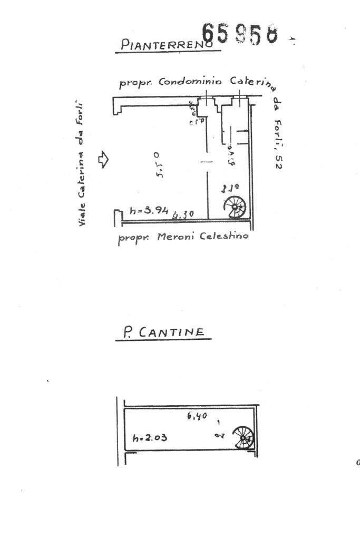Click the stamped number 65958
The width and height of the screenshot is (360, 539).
(x=240, y=34)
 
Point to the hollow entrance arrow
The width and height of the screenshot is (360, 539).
(x=103, y=159)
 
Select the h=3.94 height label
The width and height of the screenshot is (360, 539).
(x=149, y=211)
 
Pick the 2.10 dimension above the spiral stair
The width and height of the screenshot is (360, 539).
(x=230, y=188)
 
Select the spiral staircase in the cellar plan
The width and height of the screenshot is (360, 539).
(x=245, y=437)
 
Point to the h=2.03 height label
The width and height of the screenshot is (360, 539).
(x=150, y=437)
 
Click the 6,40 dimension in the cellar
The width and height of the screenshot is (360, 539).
(x=197, y=416)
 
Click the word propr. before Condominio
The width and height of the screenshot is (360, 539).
(x=135, y=83)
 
